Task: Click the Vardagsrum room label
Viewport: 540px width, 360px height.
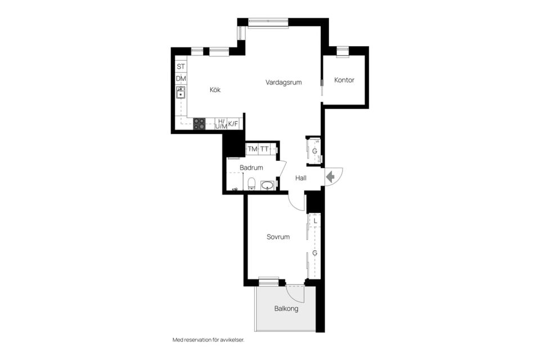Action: tap(283, 82)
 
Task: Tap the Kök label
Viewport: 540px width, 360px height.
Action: tap(215, 89)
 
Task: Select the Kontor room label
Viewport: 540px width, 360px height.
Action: tap(344, 80)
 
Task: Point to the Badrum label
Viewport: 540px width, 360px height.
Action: tap(251, 168)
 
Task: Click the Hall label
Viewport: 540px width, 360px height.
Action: tap(300, 178)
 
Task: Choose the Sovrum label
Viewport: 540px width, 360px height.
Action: tap(278, 237)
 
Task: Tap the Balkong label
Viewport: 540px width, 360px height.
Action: tap(286, 309)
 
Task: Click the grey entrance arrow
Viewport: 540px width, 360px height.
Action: tap(331, 177)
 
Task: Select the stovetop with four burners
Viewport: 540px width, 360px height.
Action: tap(199, 124)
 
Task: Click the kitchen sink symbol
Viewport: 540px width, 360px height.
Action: tap(181, 92)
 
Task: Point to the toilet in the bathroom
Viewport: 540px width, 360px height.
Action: tap(251, 183)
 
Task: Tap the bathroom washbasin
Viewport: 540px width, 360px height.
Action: tap(267, 185)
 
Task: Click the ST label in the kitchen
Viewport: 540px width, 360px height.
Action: tap(181, 66)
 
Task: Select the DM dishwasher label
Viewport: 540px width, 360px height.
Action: tap(181, 79)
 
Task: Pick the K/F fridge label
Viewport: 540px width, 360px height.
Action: tap(233, 124)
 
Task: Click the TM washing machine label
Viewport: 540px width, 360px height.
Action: tap(253, 149)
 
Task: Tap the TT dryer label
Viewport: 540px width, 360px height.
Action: tap(264, 149)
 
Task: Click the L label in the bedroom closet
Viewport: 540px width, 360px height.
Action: tap(315, 221)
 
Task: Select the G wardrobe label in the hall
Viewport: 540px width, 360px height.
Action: tap(314, 151)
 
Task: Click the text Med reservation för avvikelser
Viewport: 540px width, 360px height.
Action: tap(208, 340)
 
